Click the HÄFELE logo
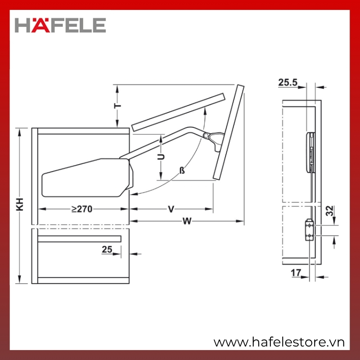click(60, 25)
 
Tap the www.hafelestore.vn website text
click(279, 342)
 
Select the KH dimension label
click(20, 204)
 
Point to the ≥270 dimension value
click(82, 209)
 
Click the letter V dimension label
click(171, 209)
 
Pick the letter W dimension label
click(187, 221)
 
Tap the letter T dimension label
click(118, 106)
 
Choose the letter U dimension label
click(161, 157)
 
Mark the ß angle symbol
click(182, 171)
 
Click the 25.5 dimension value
click(288, 82)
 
